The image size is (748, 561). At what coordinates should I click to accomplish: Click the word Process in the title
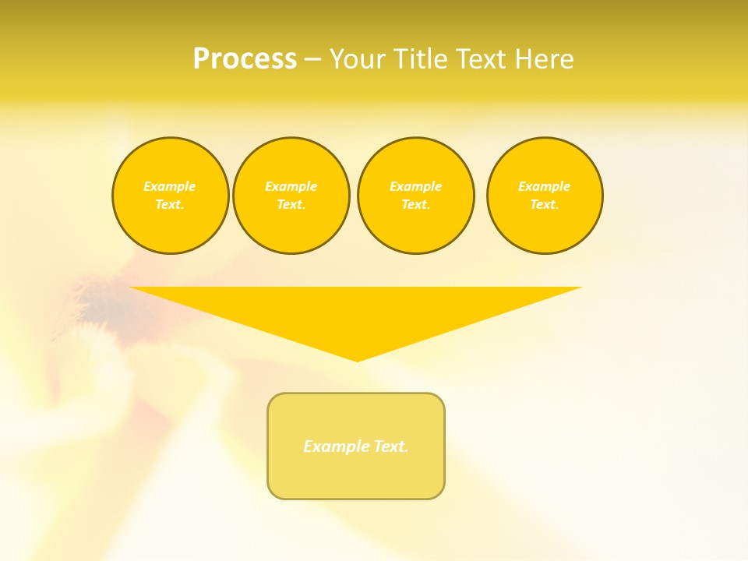pyautogui.click(x=245, y=59)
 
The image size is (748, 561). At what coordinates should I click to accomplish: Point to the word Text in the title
pyautogui.click(x=483, y=59)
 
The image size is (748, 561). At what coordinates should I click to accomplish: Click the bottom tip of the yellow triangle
pyautogui.click(x=357, y=359)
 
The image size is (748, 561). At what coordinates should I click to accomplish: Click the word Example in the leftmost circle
pyautogui.click(x=170, y=186)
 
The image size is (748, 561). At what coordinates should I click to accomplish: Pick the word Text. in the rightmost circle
pyautogui.click(x=544, y=204)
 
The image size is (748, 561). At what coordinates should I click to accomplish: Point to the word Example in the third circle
pyautogui.click(x=415, y=186)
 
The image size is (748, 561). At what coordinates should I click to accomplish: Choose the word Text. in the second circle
pyautogui.click(x=291, y=204)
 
